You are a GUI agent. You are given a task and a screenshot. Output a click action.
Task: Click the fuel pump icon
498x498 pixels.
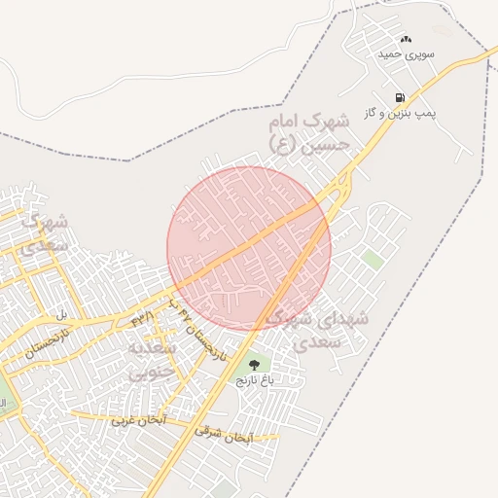(x=399, y=98)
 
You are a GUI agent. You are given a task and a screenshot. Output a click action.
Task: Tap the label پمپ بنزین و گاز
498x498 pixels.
(x=400, y=114)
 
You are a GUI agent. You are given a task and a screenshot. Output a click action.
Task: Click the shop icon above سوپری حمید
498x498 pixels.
(x=406, y=38)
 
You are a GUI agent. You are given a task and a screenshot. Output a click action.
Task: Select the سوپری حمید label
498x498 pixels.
(x=407, y=53)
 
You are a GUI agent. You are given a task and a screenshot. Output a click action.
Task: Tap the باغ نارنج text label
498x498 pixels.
(x=255, y=380)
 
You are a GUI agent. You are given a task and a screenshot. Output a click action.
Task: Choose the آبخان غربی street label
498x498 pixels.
(x=137, y=420)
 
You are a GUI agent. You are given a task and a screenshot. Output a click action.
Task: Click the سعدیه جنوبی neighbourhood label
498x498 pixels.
(x=154, y=358)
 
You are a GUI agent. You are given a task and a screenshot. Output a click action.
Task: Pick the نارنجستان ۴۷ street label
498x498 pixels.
(x=200, y=332)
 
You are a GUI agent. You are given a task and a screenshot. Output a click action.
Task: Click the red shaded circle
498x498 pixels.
(x=249, y=248)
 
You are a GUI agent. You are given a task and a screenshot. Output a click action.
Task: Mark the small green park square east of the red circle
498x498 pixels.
(x=372, y=260)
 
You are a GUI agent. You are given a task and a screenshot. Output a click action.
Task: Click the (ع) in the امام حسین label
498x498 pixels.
(x=282, y=146)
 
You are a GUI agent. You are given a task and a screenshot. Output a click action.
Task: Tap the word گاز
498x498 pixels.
(x=371, y=114)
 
